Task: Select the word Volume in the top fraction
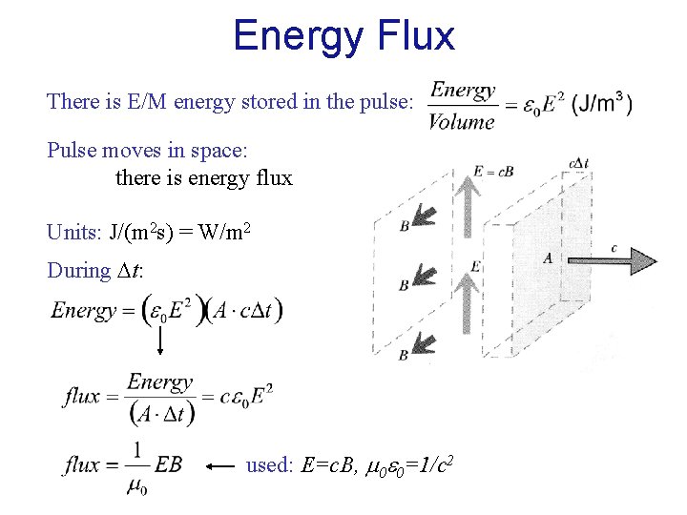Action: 461,122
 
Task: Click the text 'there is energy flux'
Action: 203,177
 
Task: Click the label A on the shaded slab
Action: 548,257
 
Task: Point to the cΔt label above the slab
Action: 578,163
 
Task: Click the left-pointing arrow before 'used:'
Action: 221,466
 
